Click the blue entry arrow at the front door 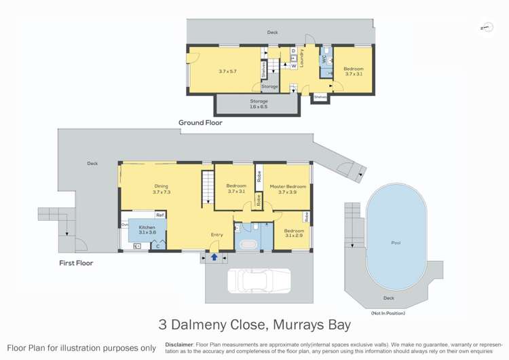(x=214, y=257)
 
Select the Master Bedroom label (x=288, y=187)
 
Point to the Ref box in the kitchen (x=159, y=215)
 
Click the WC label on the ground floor (x=325, y=59)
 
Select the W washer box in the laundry (x=293, y=66)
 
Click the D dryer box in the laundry (x=293, y=51)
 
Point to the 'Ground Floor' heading (x=200, y=123)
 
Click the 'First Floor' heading (x=75, y=263)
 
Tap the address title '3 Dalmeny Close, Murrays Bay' (x=254, y=325)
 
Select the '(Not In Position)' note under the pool (x=388, y=313)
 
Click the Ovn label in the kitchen (x=125, y=225)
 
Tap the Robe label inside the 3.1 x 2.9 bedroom (x=307, y=217)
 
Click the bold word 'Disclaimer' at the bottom (x=179, y=344)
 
